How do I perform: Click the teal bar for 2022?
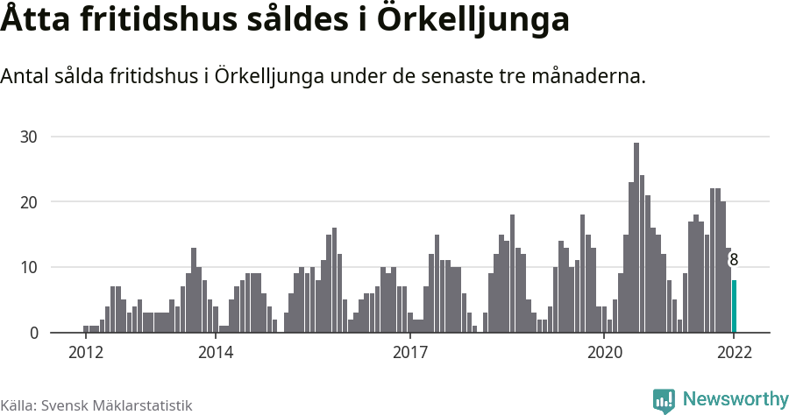734,306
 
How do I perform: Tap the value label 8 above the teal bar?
734,260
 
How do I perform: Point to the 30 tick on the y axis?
30,137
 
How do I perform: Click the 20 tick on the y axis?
30,202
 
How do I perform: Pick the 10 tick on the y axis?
30,267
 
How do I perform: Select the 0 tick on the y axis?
33,333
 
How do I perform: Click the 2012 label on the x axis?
86,353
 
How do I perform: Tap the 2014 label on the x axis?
216,353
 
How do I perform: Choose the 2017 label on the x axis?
409,353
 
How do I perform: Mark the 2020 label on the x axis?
604,353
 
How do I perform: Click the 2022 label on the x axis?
734,353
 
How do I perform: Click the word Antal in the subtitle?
25,77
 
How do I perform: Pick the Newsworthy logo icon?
664,400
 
